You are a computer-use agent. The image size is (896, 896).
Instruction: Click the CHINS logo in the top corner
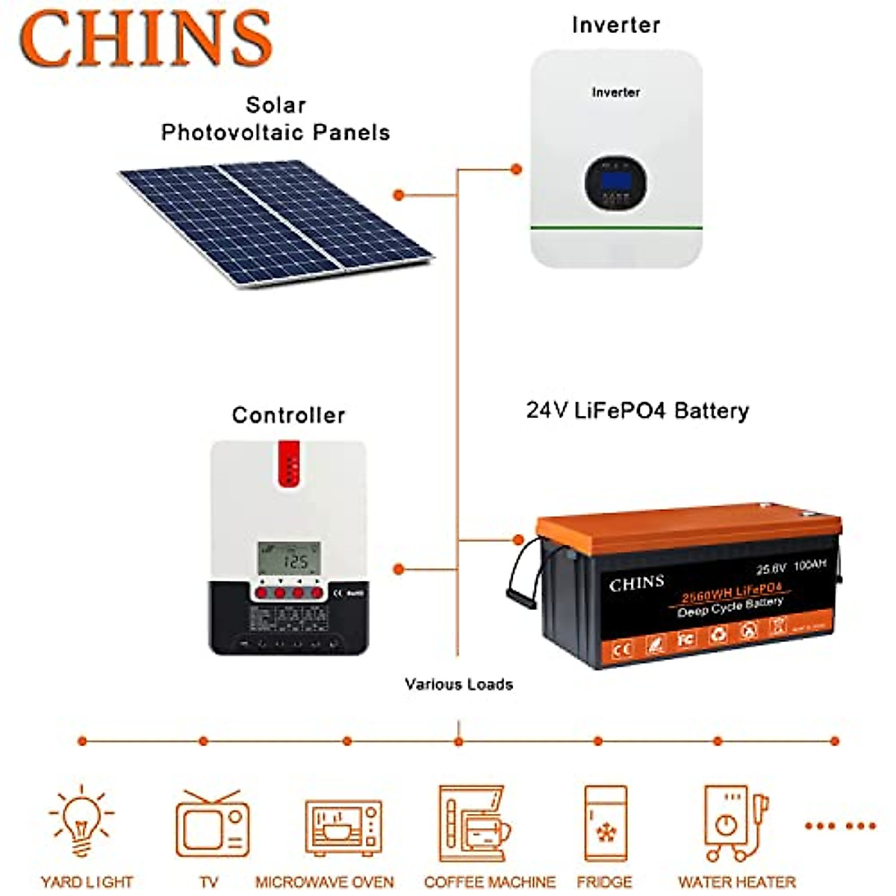click(x=146, y=39)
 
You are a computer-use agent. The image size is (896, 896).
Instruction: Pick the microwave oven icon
click(x=343, y=827)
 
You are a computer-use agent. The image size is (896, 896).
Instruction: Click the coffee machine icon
click(x=474, y=824)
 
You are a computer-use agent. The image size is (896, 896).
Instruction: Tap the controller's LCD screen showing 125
click(x=289, y=558)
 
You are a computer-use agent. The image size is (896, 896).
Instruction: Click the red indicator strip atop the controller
click(x=289, y=464)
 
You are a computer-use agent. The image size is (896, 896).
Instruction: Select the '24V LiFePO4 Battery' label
click(x=637, y=411)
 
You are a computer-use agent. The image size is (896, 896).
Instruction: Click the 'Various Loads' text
click(x=458, y=684)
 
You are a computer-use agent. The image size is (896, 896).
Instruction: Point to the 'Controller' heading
click(x=288, y=415)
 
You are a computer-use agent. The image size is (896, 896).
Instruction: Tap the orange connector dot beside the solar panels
click(x=399, y=195)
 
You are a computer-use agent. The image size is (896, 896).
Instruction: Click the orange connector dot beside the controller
click(x=399, y=569)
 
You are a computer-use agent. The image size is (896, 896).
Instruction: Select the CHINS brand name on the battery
click(x=636, y=584)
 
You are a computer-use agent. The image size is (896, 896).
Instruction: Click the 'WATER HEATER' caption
click(x=736, y=882)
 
